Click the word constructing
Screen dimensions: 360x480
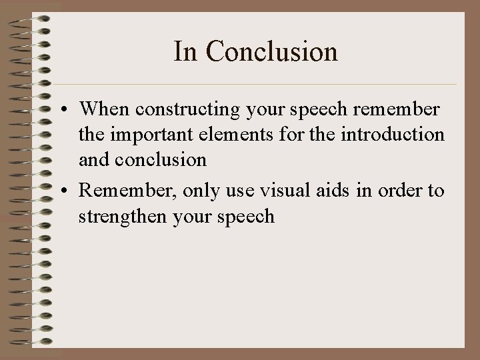click(x=171, y=109)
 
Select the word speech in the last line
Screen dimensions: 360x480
click(x=248, y=217)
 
